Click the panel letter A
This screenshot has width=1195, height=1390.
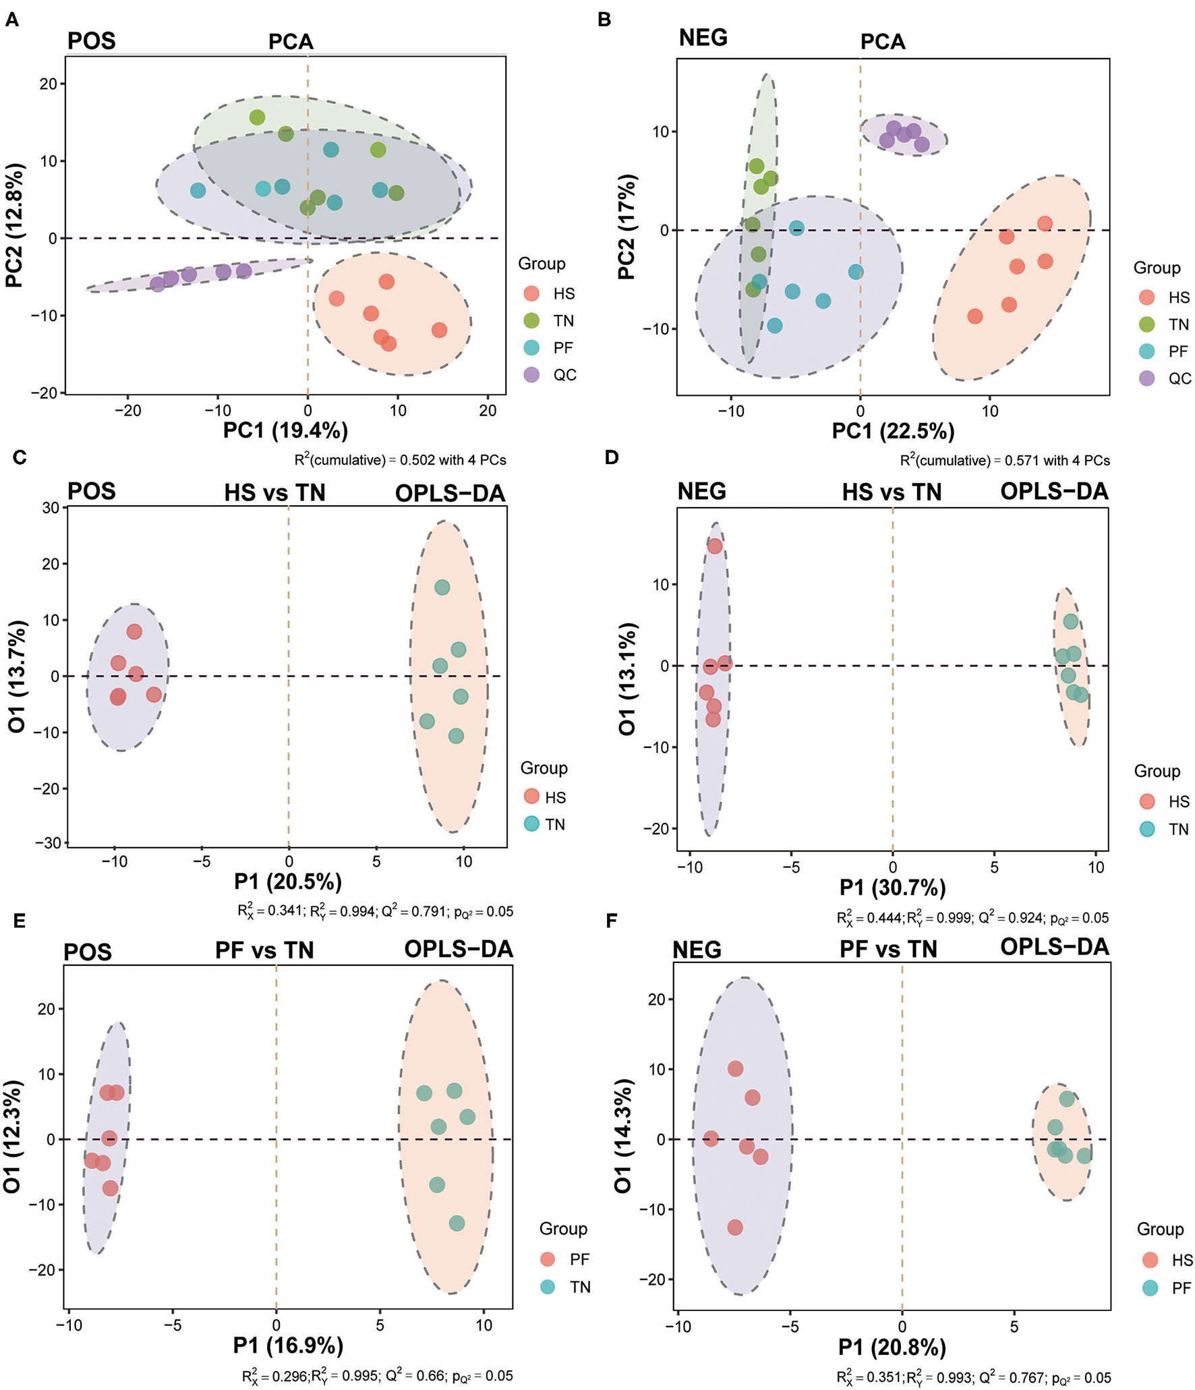11,20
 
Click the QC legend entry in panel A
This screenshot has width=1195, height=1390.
550,375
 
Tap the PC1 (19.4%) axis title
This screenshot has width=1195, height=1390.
285,430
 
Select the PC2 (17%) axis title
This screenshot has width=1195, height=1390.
626,227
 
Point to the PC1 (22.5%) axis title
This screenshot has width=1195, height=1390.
893,431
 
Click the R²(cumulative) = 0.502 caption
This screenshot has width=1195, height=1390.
400,460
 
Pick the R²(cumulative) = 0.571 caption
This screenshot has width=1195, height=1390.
1004,461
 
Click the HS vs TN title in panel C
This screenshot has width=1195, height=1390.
274,493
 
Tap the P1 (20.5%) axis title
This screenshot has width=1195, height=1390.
288,881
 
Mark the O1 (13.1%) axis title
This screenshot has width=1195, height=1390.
626,678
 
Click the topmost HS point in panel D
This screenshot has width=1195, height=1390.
715,546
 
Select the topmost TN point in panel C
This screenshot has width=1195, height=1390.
442,587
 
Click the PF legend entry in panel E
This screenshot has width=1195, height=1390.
565,1259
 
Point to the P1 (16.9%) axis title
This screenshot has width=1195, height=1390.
288,1345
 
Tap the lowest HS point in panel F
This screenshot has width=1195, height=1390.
735,1227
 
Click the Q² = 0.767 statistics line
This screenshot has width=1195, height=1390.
973,1378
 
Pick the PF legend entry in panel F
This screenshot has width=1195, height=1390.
1167,1288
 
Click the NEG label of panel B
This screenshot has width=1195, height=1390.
703,38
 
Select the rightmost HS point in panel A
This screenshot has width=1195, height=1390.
439,330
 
